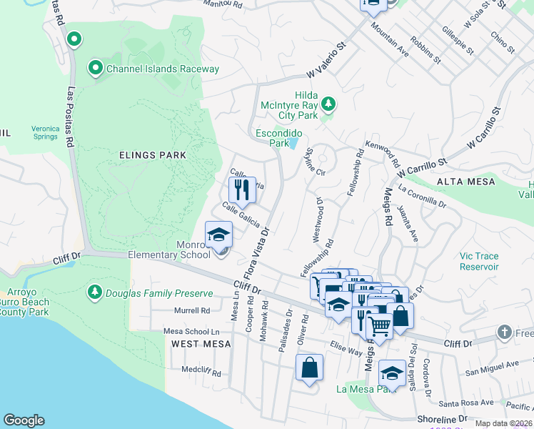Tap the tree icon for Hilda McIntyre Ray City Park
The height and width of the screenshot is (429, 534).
[x=328, y=104]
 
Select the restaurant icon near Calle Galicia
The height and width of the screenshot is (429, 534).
[x=242, y=190]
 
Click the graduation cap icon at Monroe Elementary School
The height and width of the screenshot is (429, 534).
[x=219, y=235]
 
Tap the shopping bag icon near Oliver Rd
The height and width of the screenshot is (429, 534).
[x=310, y=368]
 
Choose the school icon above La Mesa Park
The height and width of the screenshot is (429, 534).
[x=391, y=372]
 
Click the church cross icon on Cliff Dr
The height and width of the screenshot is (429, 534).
[x=505, y=333]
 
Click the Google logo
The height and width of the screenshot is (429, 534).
[x=24, y=420]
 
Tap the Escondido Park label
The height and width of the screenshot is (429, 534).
[x=279, y=138]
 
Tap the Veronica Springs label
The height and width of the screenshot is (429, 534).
[x=44, y=132]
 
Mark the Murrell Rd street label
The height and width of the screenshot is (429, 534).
[x=192, y=311]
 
